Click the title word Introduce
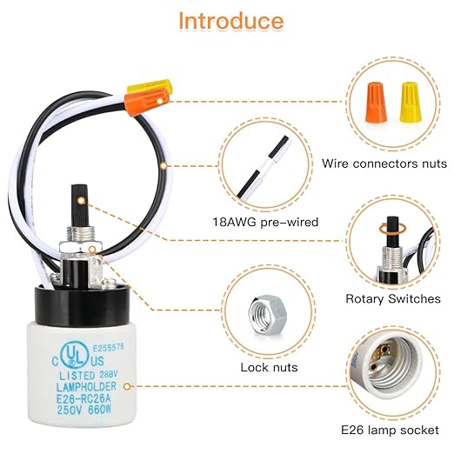[230, 20]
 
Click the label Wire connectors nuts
[384, 163]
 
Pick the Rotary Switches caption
[392, 298]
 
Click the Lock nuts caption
[269, 367]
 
